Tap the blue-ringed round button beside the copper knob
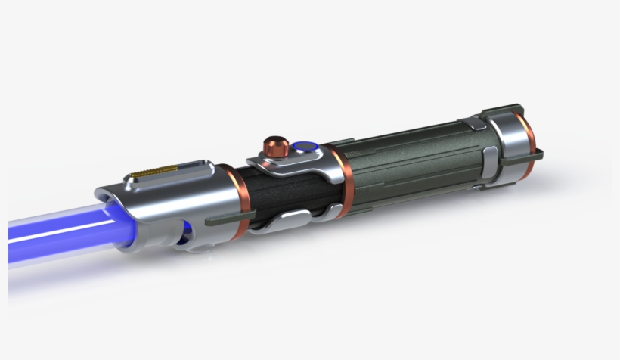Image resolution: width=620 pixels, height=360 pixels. [304, 147]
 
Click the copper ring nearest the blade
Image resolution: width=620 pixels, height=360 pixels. [237, 197]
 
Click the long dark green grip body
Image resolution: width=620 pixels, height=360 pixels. [416, 163]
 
